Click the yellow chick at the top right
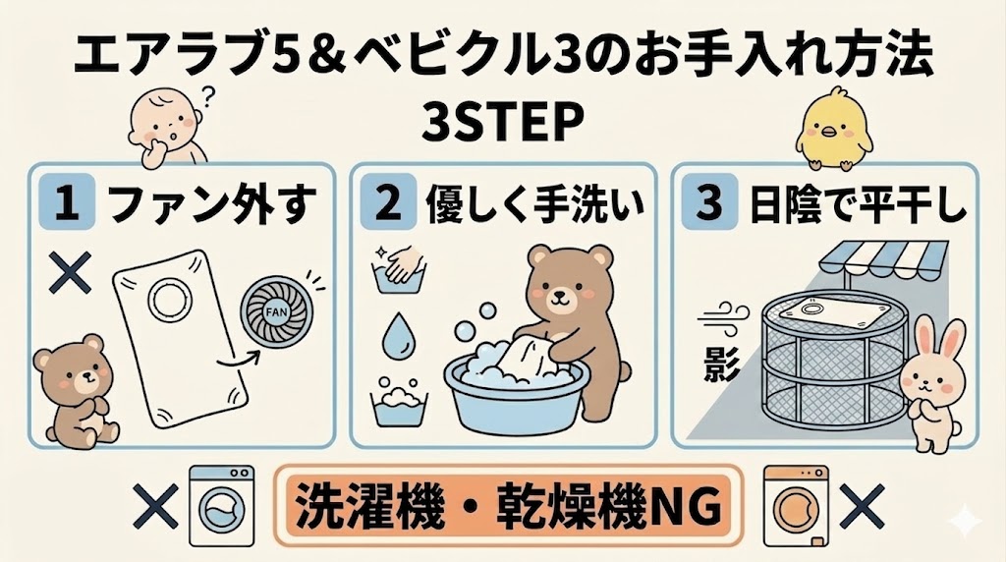click(833, 129)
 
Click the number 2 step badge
click(388, 203)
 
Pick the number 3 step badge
click(709, 203)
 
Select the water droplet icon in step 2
click(397, 334)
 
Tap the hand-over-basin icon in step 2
click(397, 270)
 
